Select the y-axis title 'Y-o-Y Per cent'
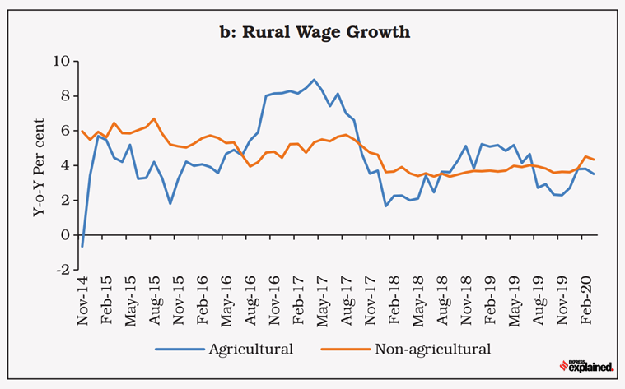click(38, 164)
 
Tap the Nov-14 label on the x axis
click(82, 301)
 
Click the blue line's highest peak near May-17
click(314, 80)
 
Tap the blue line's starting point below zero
click(82, 246)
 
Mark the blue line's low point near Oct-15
click(170, 203)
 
